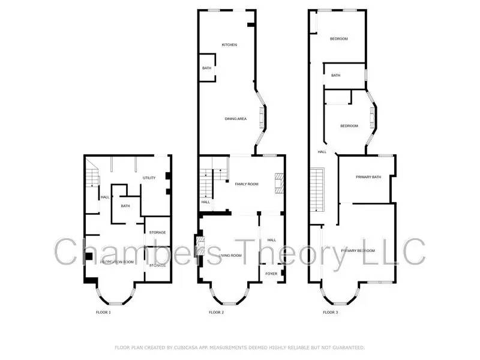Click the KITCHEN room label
(x=229, y=45)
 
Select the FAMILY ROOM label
(x=247, y=184)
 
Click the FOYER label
(x=272, y=274)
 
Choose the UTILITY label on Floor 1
(x=149, y=178)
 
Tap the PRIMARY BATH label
(x=368, y=177)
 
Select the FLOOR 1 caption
(x=103, y=313)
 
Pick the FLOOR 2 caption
(x=216, y=313)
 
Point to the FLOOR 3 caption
(x=330, y=313)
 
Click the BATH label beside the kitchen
(x=206, y=68)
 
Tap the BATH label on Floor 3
(x=335, y=76)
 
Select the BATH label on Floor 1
(x=125, y=206)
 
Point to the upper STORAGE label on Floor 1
(x=157, y=232)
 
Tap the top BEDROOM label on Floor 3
(x=339, y=39)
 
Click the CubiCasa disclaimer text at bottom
(x=239, y=347)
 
